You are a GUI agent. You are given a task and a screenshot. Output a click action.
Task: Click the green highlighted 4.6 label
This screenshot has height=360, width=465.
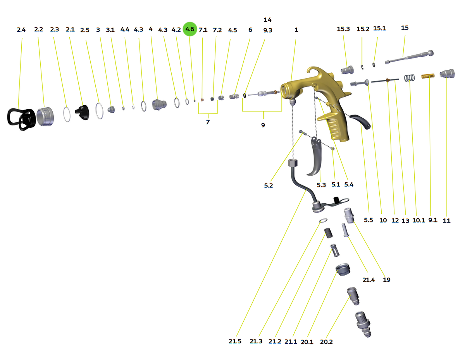click(x=189, y=29)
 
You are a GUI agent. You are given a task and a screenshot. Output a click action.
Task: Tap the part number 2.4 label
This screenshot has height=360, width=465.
click(x=21, y=30)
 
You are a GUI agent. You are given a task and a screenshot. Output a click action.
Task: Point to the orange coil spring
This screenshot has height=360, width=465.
click(x=428, y=76)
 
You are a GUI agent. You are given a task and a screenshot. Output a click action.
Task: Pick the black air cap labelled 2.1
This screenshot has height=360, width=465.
click(x=83, y=112)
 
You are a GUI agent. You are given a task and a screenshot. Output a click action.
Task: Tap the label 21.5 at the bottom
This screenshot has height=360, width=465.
click(x=235, y=341)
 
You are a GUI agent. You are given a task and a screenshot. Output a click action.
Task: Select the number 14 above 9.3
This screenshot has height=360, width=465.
click(x=267, y=20)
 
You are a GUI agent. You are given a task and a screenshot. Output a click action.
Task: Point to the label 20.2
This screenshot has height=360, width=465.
click(x=326, y=342)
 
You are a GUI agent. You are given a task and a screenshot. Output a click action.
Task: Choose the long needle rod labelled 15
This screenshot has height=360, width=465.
click(x=409, y=57)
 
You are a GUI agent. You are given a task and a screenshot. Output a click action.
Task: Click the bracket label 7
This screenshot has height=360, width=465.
click(x=208, y=122)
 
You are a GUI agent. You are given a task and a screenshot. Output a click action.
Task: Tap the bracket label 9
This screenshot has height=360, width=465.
click(x=263, y=125)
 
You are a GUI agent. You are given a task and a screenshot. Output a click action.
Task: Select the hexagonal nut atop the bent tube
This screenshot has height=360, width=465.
click(x=293, y=163)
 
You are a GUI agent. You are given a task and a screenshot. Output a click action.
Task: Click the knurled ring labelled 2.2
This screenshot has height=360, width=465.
click(x=45, y=117)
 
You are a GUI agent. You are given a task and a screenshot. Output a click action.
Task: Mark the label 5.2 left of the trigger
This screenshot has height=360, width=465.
click(x=268, y=185)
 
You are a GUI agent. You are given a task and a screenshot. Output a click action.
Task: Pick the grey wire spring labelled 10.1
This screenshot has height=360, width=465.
click(x=409, y=78)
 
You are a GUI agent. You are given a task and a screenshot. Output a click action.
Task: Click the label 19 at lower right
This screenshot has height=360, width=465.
click(x=386, y=279)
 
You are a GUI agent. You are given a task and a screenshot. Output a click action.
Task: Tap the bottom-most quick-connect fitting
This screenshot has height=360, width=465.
click(x=363, y=324)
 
